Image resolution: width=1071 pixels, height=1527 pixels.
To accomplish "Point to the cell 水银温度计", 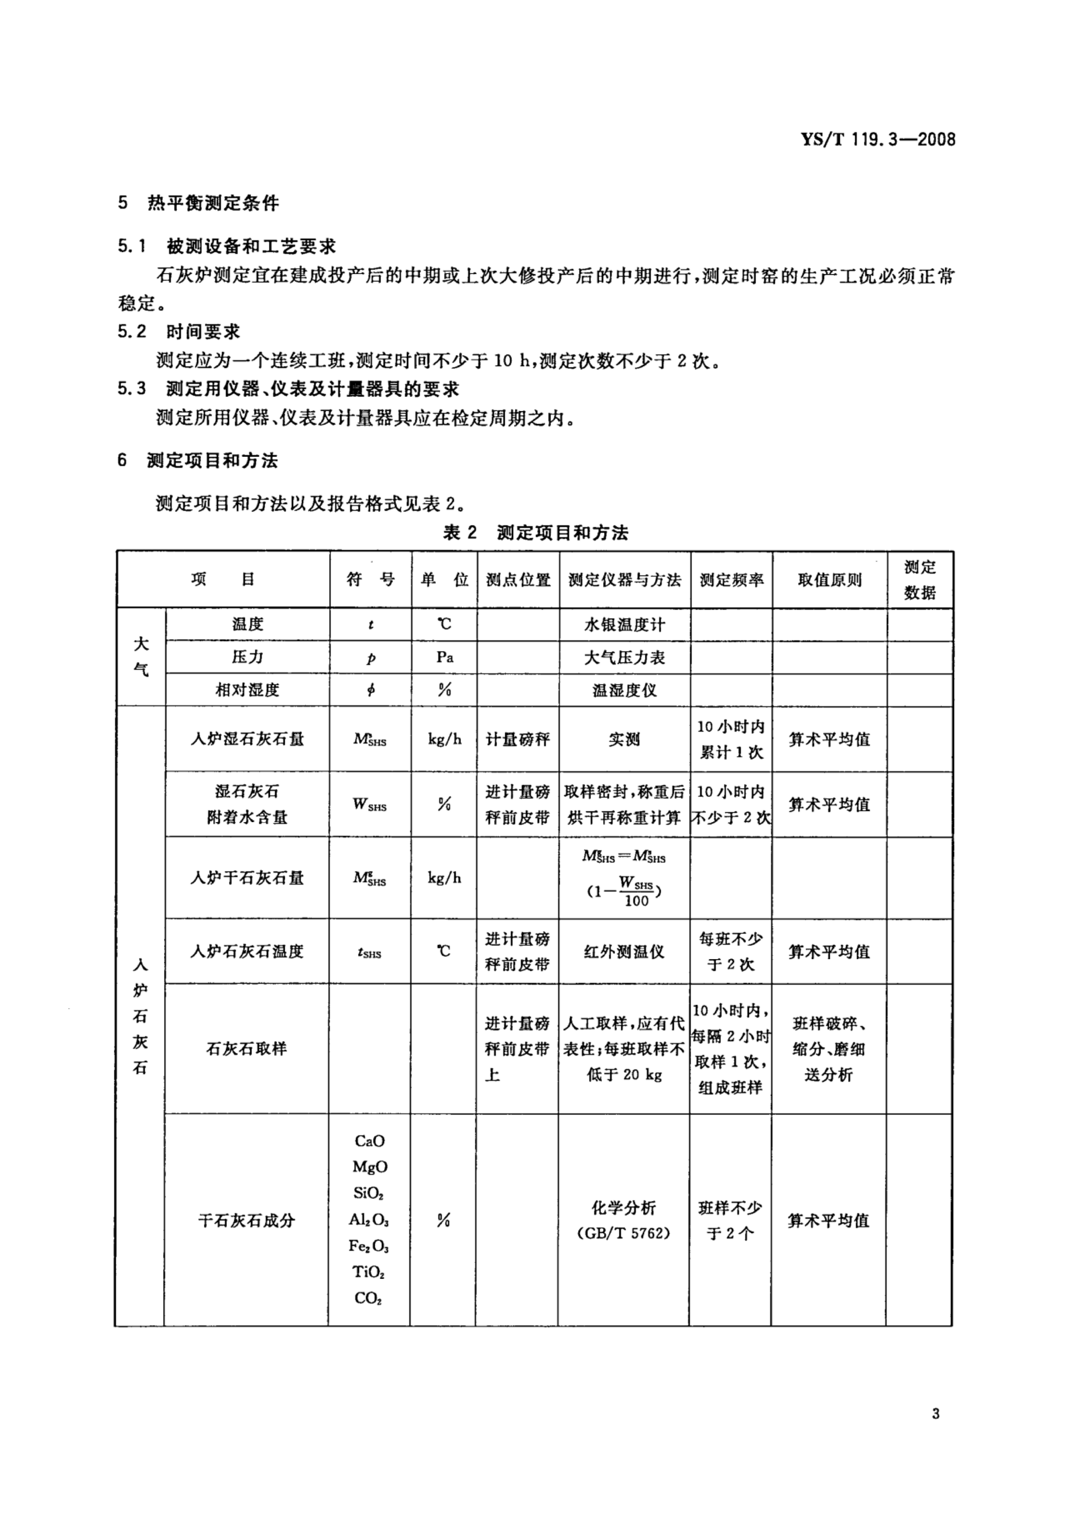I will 624,625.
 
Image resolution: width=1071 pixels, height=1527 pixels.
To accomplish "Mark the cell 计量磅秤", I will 518,739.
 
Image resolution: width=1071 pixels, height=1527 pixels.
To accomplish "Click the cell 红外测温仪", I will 624,952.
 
